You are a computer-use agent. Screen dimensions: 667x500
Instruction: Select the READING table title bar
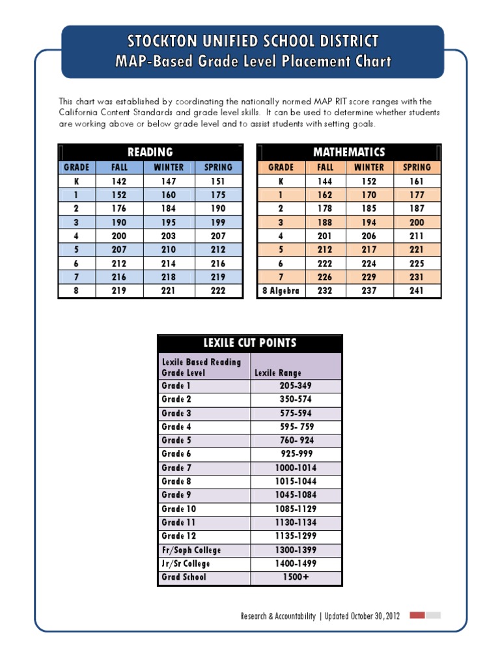click(x=150, y=152)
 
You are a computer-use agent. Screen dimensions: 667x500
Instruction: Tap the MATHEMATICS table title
click(x=349, y=152)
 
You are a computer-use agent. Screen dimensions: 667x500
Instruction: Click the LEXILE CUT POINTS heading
click(x=250, y=343)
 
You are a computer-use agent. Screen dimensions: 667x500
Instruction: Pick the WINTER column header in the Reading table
click(x=169, y=167)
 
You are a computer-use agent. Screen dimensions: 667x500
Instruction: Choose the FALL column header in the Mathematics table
click(x=325, y=167)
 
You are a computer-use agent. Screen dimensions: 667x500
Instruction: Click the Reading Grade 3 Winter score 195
click(x=169, y=222)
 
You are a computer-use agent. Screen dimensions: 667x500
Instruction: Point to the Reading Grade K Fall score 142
click(x=119, y=181)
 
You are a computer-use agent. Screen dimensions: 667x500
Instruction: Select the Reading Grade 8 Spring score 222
click(x=218, y=291)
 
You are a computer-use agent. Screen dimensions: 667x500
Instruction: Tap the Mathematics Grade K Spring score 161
click(x=417, y=181)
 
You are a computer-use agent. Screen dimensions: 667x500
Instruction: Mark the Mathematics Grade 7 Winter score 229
click(x=369, y=277)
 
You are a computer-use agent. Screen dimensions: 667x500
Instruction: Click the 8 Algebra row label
click(x=281, y=291)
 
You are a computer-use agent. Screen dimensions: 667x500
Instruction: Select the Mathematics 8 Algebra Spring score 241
click(x=417, y=291)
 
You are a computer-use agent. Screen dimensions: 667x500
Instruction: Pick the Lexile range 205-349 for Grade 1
click(x=296, y=386)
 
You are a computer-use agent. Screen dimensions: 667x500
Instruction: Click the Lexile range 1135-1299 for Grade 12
click(x=296, y=536)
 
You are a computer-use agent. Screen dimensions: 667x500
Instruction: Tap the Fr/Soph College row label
click(x=191, y=550)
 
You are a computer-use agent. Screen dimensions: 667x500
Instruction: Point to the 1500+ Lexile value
click(x=296, y=577)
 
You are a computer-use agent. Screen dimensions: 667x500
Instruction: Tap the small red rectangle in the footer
click(x=417, y=615)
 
